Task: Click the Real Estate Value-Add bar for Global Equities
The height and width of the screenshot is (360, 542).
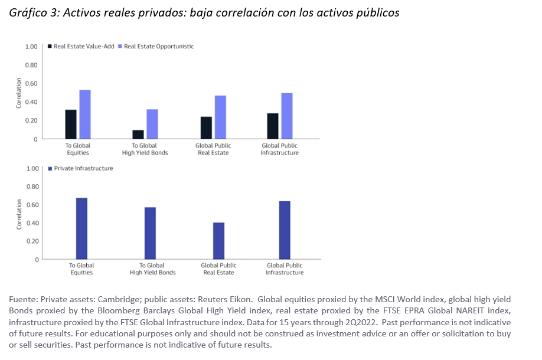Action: [x=71, y=124]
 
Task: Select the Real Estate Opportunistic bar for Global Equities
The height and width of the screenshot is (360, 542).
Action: [x=85, y=114]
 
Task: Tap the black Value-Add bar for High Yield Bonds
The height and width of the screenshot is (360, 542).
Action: [x=138, y=134]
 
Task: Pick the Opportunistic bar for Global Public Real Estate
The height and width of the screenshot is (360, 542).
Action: [x=220, y=117]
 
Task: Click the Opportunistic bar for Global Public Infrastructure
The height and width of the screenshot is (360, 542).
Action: [x=287, y=116]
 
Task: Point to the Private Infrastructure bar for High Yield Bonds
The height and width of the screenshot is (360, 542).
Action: [x=150, y=233]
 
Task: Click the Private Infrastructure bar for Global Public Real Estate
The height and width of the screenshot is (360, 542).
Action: [x=218, y=241]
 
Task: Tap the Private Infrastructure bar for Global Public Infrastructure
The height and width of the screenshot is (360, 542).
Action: [x=285, y=230]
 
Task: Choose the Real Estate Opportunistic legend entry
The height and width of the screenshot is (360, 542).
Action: [x=159, y=46]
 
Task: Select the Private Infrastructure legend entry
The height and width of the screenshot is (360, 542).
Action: [x=83, y=168]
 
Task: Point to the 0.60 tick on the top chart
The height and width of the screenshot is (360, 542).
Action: [x=31, y=83]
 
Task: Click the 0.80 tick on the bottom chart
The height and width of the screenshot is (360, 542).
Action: [x=32, y=186]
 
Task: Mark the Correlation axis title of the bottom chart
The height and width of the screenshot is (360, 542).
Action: [x=19, y=214]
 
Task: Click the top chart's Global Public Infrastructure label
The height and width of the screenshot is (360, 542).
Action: [x=280, y=149]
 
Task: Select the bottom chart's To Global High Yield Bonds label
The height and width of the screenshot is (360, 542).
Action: [x=152, y=269]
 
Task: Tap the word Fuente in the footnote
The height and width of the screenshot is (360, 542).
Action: [x=23, y=299]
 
